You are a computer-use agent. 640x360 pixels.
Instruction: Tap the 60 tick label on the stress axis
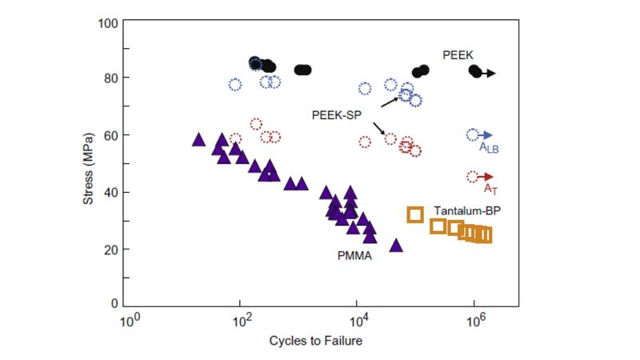(x=113, y=135)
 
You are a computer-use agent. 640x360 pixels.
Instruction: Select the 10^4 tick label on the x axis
(x=359, y=322)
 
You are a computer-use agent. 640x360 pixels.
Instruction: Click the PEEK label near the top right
(x=458, y=54)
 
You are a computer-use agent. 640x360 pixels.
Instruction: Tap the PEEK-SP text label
(x=337, y=115)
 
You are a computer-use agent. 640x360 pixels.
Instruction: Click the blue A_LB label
(x=489, y=148)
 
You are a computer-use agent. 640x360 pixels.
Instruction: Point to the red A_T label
(x=490, y=189)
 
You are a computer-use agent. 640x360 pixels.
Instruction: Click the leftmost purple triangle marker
(x=198, y=139)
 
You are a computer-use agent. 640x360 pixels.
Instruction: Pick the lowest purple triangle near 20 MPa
(x=395, y=246)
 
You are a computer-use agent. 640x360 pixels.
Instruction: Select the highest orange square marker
(x=415, y=214)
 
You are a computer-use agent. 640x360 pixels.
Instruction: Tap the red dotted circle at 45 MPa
(x=472, y=177)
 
